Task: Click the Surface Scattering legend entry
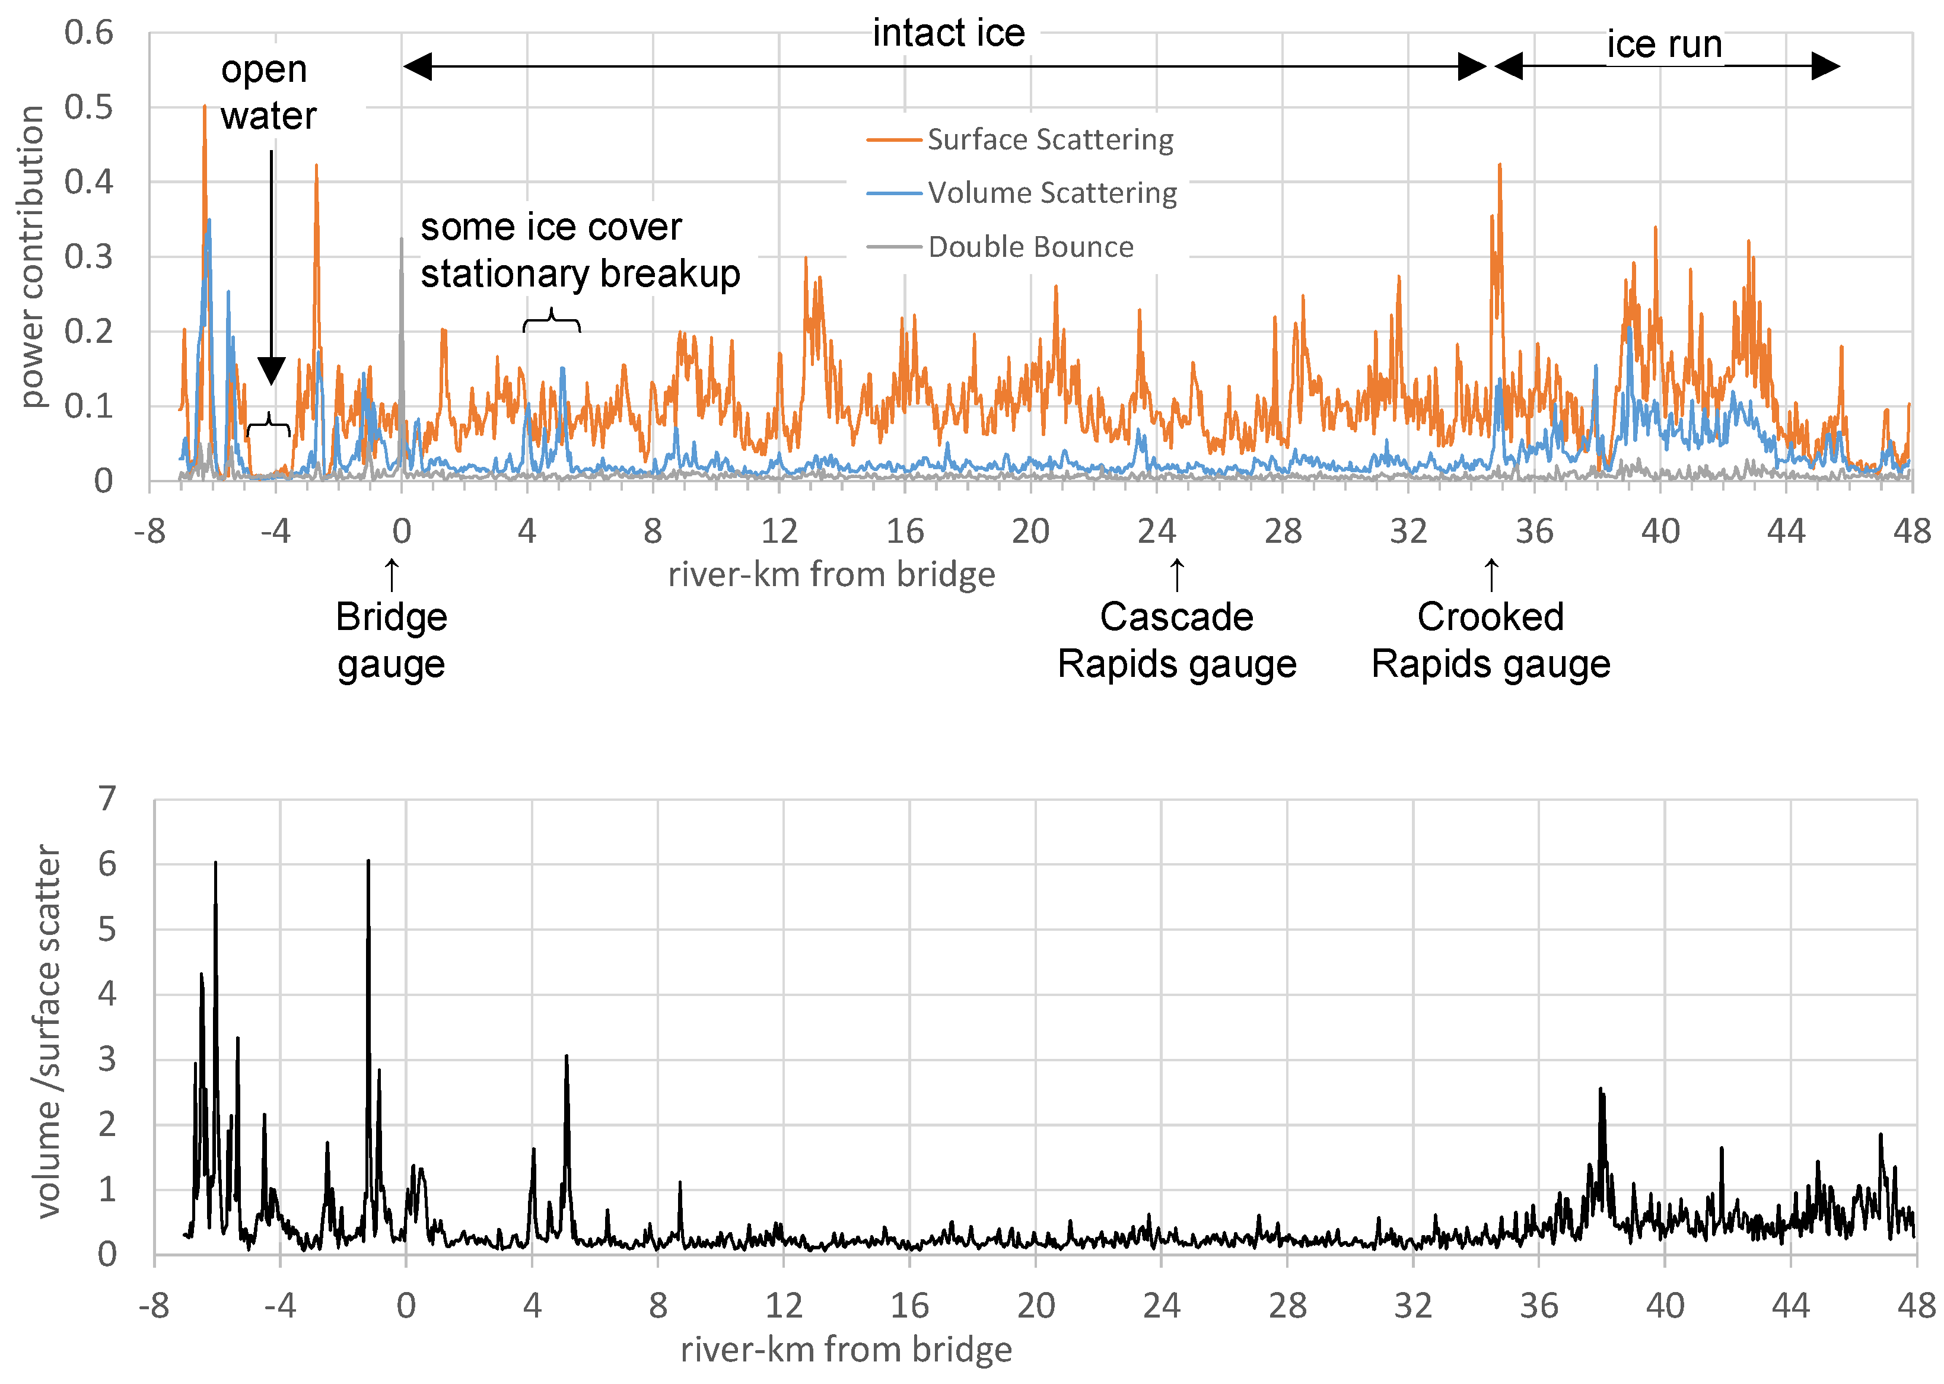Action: (1049, 140)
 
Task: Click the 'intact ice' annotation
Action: (948, 34)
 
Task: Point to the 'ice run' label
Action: (1663, 44)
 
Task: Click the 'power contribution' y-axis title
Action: (33, 256)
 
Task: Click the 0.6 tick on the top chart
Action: (88, 33)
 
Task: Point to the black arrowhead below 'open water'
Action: (271, 371)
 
